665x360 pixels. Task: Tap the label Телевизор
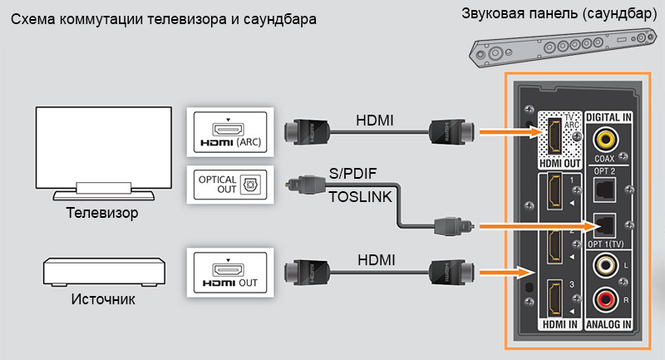point(102,214)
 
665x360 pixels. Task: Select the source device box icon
point(102,270)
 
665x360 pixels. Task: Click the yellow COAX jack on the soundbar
point(606,138)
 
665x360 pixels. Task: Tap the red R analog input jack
point(606,298)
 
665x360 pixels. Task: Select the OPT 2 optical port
point(606,191)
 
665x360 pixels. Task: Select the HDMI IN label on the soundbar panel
point(559,323)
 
